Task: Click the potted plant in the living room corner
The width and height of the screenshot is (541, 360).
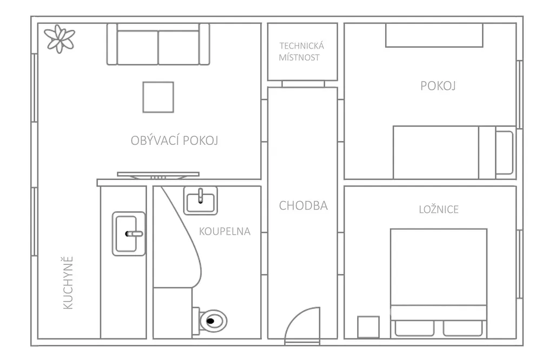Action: (x=60, y=38)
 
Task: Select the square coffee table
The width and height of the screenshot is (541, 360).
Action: (x=158, y=97)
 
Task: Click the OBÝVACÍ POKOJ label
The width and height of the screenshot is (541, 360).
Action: (x=174, y=141)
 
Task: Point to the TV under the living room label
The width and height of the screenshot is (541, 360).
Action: (x=158, y=175)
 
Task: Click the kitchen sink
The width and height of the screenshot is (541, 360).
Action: (x=129, y=234)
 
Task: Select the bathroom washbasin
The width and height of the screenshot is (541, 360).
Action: (x=200, y=201)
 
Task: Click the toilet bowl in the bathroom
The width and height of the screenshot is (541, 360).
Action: (x=213, y=321)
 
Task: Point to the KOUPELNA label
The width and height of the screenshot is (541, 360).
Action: (x=225, y=231)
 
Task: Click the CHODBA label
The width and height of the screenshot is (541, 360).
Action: (x=303, y=205)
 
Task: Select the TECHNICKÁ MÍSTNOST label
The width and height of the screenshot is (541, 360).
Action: (x=302, y=52)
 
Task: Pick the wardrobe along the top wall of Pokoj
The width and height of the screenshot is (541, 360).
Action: (x=434, y=35)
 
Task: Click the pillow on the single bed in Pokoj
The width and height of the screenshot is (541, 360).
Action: (x=504, y=152)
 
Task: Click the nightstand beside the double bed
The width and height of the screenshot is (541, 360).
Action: (x=368, y=327)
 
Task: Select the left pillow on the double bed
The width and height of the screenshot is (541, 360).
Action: (x=414, y=328)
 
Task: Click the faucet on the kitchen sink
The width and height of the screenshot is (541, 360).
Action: (x=134, y=234)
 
